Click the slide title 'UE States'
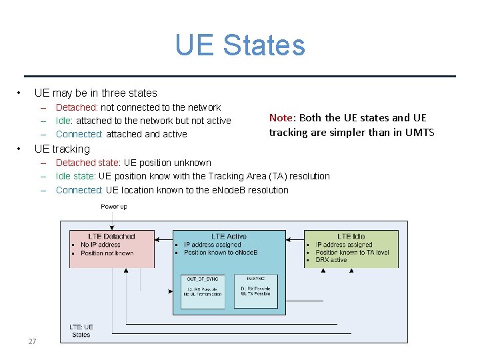(240, 45)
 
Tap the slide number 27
(32, 341)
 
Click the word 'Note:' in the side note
(283, 118)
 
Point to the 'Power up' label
(114, 207)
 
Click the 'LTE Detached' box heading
(112, 236)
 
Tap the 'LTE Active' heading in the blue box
(229, 236)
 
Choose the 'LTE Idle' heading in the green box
(351, 236)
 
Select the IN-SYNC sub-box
(255, 291)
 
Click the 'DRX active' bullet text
(331, 260)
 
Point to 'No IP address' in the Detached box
(101, 245)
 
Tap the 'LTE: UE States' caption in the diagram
(81, 331)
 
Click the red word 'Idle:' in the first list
(65, 121)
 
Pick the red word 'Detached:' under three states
(77, 107)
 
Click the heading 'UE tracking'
(62, 149)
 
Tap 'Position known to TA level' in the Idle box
(352, 253)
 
